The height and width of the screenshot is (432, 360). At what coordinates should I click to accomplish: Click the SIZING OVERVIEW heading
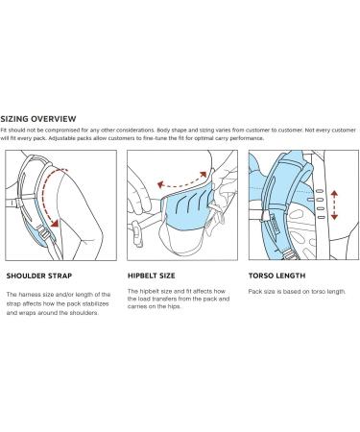tap(38, 119)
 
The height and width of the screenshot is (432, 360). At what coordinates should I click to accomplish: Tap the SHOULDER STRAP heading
tap(39, 276)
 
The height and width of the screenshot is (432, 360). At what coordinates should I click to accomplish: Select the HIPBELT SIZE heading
tap(151, 276)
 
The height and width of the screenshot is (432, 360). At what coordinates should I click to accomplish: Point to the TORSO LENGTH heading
tap(276, 276)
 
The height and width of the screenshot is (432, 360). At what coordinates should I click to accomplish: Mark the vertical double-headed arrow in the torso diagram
tap(334, 204)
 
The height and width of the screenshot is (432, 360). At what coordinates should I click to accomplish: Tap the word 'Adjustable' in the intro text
tap(61, 138)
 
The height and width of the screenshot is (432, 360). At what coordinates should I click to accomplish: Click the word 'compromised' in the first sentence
tap(62, 131)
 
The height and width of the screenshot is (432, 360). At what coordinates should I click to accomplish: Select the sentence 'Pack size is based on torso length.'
tap(297, 292)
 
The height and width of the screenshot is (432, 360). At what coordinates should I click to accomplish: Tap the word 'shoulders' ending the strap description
tap(84, 313)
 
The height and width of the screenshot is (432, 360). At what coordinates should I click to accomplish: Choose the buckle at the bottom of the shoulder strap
tap(45, 234)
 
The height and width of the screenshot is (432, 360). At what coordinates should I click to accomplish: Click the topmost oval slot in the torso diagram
tap(320, 191)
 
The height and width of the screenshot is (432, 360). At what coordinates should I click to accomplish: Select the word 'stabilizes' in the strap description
tap(96, 303)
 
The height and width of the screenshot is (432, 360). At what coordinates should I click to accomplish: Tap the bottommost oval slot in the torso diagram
tap(321, 218)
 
